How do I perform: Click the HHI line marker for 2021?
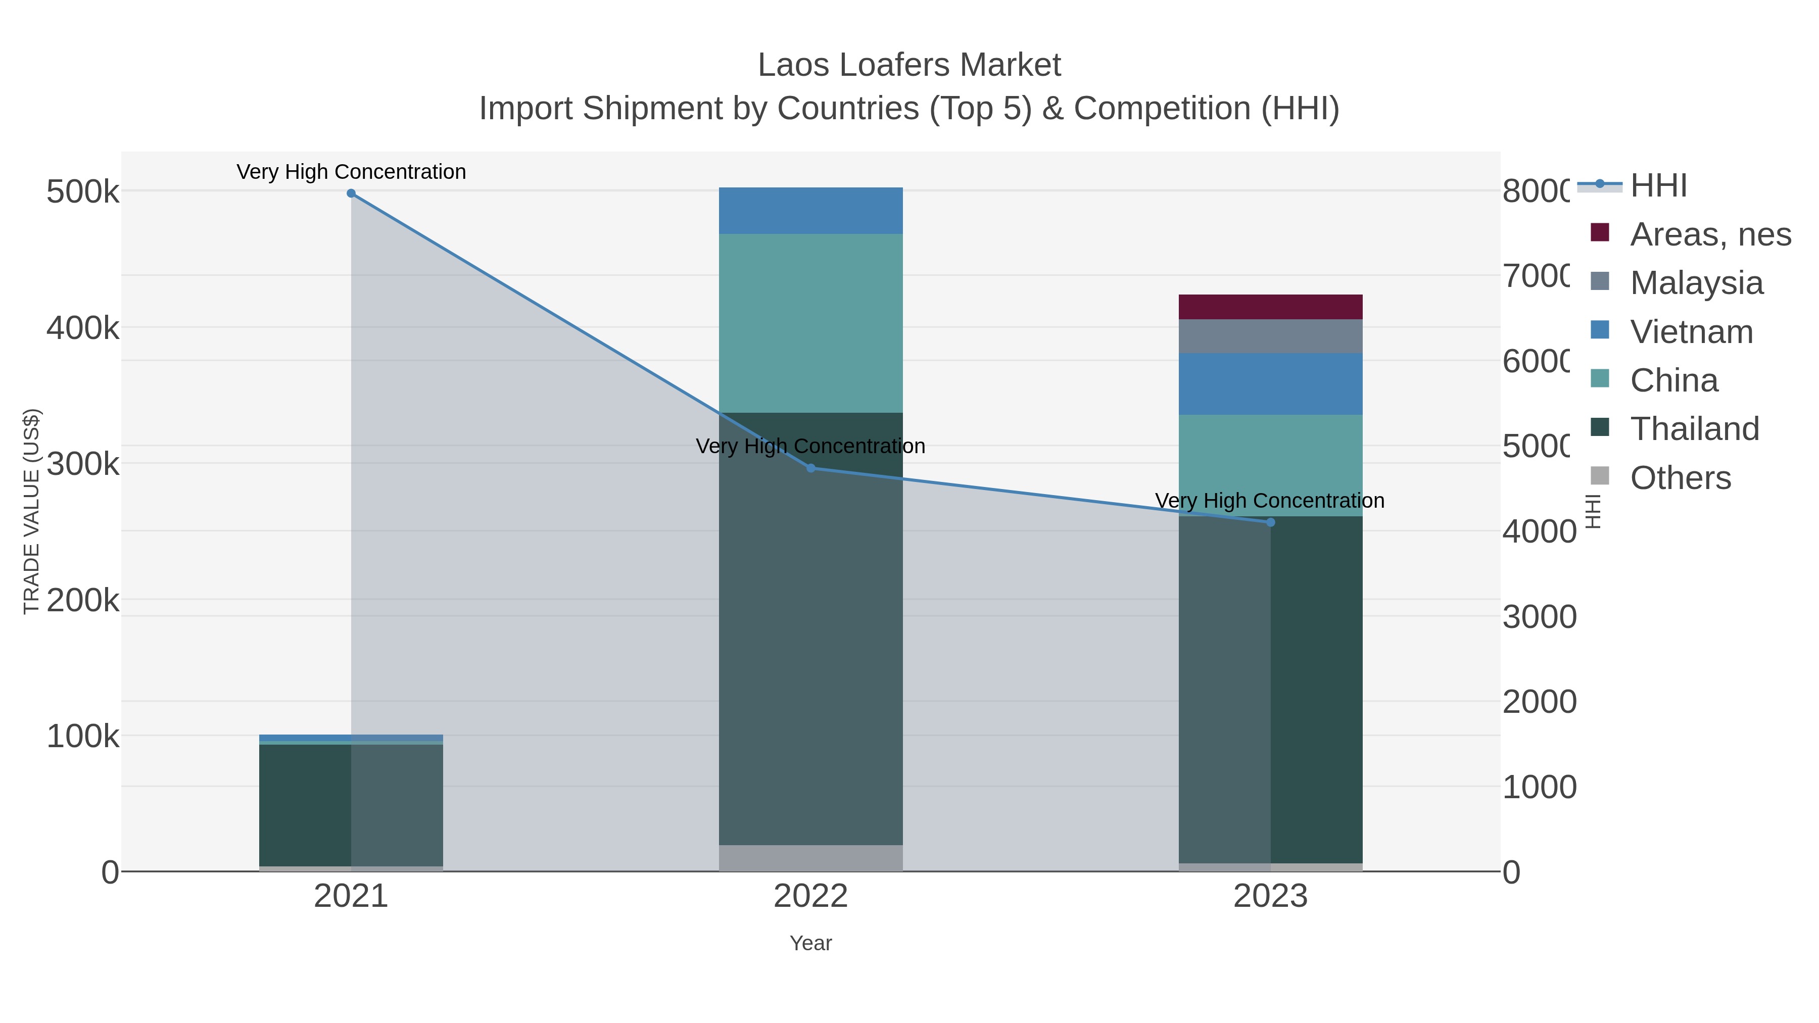[351, 193]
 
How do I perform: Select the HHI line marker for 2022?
[810, 468]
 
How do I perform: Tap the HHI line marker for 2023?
[1270, 522]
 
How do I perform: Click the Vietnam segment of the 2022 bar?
[810, 210]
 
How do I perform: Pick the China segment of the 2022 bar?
[810, 323]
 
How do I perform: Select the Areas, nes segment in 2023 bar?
[1270, 307]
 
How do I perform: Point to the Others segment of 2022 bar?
[810, 858]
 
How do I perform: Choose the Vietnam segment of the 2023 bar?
[1270, 383]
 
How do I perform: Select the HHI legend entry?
[1657, 186]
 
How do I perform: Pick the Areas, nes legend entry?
[1709, 234]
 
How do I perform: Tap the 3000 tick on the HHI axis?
[1539, 616]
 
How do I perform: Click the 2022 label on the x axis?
[810, 896]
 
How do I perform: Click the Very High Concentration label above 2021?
[351, 172]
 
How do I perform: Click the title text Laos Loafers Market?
[909, 65]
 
